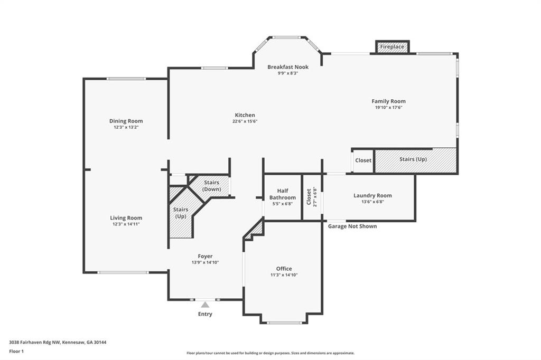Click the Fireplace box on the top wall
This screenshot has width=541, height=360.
[392, 47]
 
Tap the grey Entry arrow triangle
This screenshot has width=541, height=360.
[205, 305]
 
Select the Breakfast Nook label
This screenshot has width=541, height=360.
[288, 67]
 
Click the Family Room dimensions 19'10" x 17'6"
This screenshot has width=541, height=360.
[388, 108]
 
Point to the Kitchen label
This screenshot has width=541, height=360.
[245, 115]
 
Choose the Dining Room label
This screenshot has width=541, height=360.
[126, 121]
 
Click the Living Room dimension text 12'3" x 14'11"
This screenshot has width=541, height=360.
[126, 224]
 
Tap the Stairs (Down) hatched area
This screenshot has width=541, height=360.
[211, 186]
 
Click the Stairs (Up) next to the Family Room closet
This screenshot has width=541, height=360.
[415, 160]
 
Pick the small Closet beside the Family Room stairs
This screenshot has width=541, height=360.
[363, 160]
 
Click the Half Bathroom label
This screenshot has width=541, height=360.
[282, 194]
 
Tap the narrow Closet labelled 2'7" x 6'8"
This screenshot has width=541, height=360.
[312, 196]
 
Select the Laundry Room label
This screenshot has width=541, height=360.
[372, 195]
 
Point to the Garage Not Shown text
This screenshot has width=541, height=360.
[352, 226]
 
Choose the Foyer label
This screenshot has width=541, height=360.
[205, 256]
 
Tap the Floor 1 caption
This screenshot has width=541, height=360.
[17, 351]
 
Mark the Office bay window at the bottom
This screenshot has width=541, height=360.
[284, 323]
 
